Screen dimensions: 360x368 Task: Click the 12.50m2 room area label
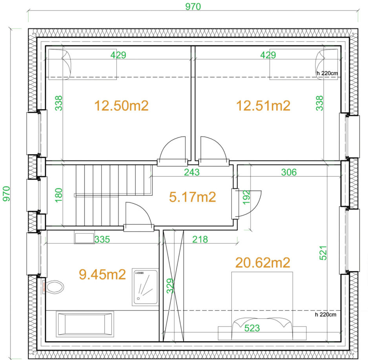click(121, 106)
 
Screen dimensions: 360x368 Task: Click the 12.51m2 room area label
click(263, 106)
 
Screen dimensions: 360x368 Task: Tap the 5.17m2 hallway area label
click(192, 197)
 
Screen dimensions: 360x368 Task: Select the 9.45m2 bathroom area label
click(102, 274)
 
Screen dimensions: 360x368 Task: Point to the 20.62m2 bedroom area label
click(262, 262)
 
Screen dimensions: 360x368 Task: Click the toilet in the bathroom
click(55, 286)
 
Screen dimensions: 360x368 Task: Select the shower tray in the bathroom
click(146, 287)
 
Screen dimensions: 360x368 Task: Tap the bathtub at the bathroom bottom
click(85, 324)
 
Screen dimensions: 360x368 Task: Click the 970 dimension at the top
click(193, 7)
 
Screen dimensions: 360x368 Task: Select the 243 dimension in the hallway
click(192, 172)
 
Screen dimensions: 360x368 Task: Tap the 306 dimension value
click(289, 172)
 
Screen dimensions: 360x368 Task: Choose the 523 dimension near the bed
click(252, 328)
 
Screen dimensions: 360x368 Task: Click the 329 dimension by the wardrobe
click(168, 286)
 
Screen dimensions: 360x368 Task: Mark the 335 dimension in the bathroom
click(102, 239)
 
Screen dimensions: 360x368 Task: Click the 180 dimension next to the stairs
click(58, 195)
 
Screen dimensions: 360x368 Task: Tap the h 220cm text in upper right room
click(327, 73)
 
